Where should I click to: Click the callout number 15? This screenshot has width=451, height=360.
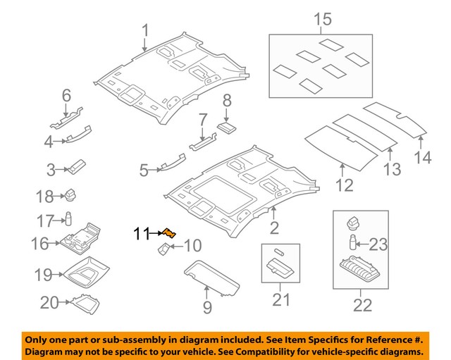322,20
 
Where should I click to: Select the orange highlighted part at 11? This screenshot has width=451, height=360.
170,234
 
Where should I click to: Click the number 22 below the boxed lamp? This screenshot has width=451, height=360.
362,305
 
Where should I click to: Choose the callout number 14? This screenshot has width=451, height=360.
423,157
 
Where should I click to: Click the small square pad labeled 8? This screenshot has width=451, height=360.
227,127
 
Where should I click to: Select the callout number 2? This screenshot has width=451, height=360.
275,227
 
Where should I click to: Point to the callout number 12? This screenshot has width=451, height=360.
343,186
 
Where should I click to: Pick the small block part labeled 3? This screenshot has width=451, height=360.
75,167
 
